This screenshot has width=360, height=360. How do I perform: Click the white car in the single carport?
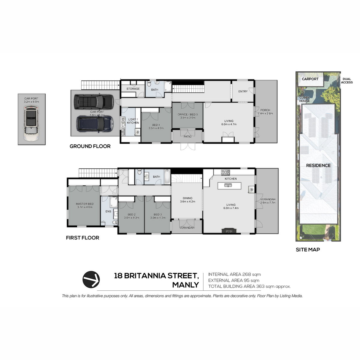[x=31, y=123]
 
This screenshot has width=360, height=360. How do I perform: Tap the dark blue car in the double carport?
[x=95, y=124]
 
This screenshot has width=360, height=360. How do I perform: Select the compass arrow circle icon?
[x=91, y=280]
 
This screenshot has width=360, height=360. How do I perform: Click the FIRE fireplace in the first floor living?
[x=229, y=231]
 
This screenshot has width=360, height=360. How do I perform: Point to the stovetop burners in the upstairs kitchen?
[x=226, y=172]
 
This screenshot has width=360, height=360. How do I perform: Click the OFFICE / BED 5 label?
[x=187, y=114]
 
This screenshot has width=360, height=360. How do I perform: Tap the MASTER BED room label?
[x=85, y=204]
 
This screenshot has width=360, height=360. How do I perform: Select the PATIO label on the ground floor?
[x=187, y=136]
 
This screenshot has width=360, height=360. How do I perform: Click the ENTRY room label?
[x=243, y=91]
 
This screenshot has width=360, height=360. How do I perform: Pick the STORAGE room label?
[x=133, y=89]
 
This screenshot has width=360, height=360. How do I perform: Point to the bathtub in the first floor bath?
[x=167, y=176]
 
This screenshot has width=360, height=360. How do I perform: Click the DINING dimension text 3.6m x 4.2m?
[x=187, y=202]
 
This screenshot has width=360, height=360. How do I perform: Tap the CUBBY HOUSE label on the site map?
[x=304, y=99]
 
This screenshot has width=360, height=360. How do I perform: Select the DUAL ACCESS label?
[x=347, y=81]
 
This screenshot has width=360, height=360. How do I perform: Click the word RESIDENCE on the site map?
[x=318, y=165]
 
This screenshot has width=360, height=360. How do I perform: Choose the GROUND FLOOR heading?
[x=90, y=146]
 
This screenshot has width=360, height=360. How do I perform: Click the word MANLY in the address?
[x=185, y=285]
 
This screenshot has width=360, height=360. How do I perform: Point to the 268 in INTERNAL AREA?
[x=247, y=274]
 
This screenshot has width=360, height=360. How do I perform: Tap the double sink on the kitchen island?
[x=228, y=185]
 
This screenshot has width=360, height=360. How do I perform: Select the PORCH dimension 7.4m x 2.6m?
[x=265, y=113]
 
